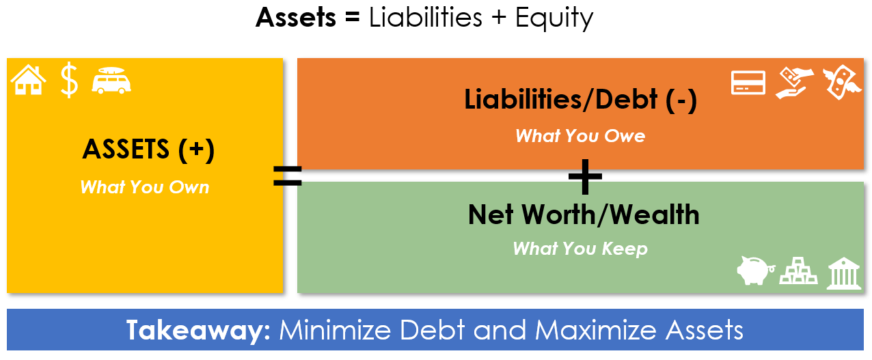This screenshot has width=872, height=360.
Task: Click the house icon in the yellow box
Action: pyautogui.click(x=29, y=80)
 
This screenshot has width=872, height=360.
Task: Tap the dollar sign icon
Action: pyautogui.click(x=69, y=80)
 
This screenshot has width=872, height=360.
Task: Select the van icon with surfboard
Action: pyautogui.click(x=111, y=81)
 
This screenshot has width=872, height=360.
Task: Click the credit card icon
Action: pyautogui.click(x=748, y=83)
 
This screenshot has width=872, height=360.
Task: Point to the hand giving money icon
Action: pyautogui.click(x=794, y=83)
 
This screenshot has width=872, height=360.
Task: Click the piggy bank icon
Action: pyautogui.click(x=755, y=271)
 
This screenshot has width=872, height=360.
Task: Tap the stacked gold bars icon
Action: pyautogui.click(x=798, y=271)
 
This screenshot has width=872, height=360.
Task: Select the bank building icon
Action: pyautogui.click(x=843, y=273)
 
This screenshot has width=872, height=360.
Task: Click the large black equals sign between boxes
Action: pyautogui.click(x=288, y=176)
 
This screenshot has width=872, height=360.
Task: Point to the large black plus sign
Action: pyautogui.click(x=585, y=177)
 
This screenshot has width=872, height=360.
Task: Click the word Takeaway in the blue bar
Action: pyautogui.click(x=198, y=331)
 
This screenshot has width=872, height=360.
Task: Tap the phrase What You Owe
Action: pyautogui.click(x=580, y=136)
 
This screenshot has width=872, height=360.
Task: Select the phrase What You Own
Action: pyautogui.click(x=144, y=187)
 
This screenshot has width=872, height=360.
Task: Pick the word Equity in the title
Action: pyautogui.click(x=554, y=18)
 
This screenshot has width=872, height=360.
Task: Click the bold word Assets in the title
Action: pyautogui.click(x=295, y=18)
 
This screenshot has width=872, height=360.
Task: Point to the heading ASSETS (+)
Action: pyautogui.click(x=148, y=150)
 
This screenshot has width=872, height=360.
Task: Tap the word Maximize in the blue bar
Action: pyautogui.click(x=596, y=330)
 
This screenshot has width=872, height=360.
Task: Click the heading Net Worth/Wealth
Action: pyautogui.click(x=584, y=214)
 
